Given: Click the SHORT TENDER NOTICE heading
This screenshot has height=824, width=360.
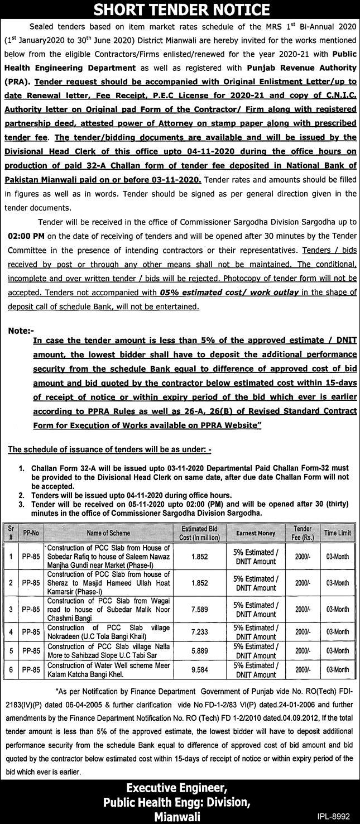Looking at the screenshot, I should click(x=180, y=9).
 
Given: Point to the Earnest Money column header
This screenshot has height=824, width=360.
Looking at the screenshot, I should click(x=256, y=533).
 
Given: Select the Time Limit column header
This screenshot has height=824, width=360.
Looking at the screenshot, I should click(x=338, y=533).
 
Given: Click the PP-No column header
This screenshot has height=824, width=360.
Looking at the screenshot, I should click(x=32, y=533).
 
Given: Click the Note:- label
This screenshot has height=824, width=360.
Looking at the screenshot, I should click(x=21, y=330).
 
